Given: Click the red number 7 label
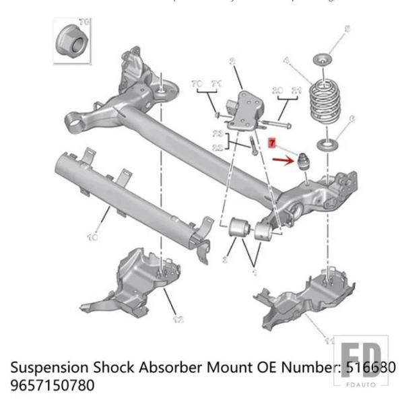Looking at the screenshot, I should pyautogui.click(x=272, y=143).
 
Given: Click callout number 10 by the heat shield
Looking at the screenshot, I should pyautogui.click(x=92, y=237).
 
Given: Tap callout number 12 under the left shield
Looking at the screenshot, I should pyautogui.click(x=177, y=319).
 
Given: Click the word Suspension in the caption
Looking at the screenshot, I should pyautogui.click(x=49, y=368).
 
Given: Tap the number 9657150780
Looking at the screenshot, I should pyautogui.click(x=52, y=386).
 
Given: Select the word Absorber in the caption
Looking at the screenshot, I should pyautogui.click(x=182, y=368).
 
